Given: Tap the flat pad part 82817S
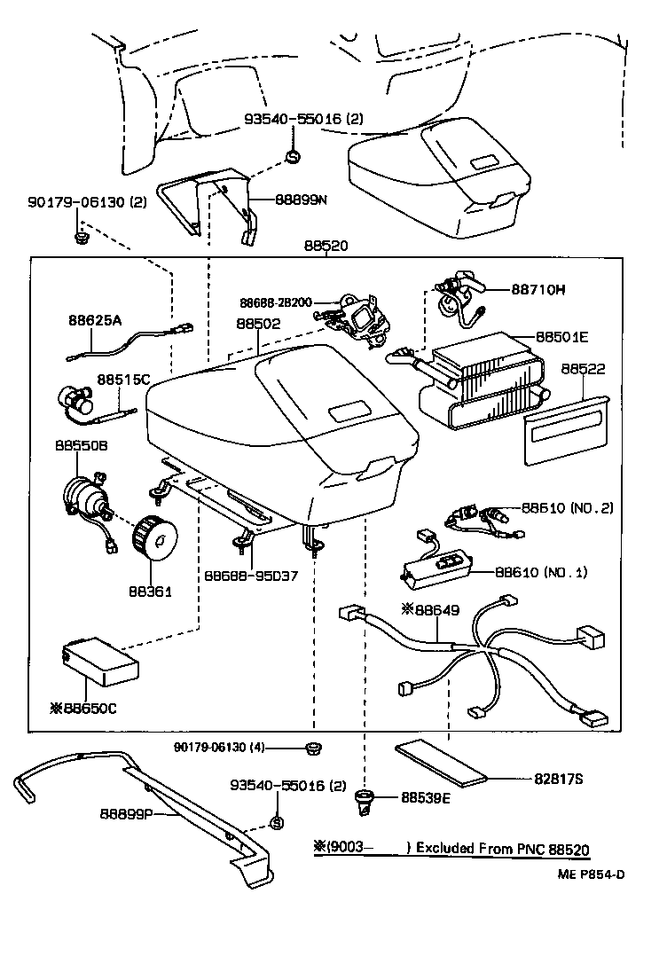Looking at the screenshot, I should (443, 764).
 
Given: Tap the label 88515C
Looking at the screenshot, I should (123, 379).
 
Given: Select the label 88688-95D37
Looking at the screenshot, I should (251, 576).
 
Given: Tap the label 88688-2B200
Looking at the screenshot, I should (274, 302).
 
